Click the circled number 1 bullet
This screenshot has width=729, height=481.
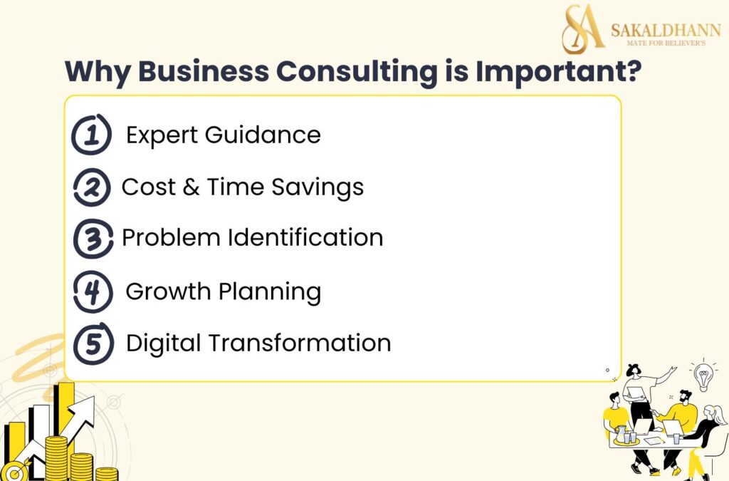[92, 135]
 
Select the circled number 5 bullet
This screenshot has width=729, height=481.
[93, 344]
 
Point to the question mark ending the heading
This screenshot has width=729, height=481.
[626, 73]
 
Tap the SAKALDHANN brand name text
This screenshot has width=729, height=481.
[666, 30]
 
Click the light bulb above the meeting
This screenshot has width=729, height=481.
[704, 376]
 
